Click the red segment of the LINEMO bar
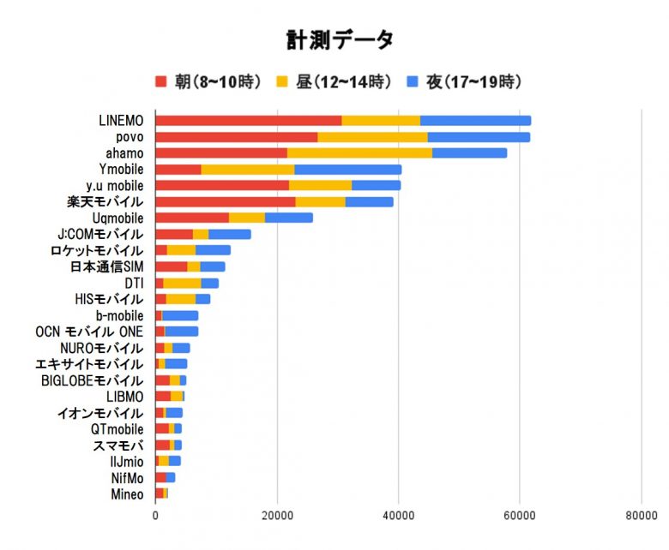click(248, 121)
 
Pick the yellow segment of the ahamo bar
click(359, 153)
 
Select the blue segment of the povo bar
click(479, 137)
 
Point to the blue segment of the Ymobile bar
click(347, 170)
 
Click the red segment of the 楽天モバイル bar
click(225, 202)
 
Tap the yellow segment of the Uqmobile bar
click(247, 218)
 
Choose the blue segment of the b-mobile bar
click(180, 315)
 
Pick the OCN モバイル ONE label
click(89, 332)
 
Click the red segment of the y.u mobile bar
click(222, 186)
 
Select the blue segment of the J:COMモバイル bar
click(230, 234)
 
